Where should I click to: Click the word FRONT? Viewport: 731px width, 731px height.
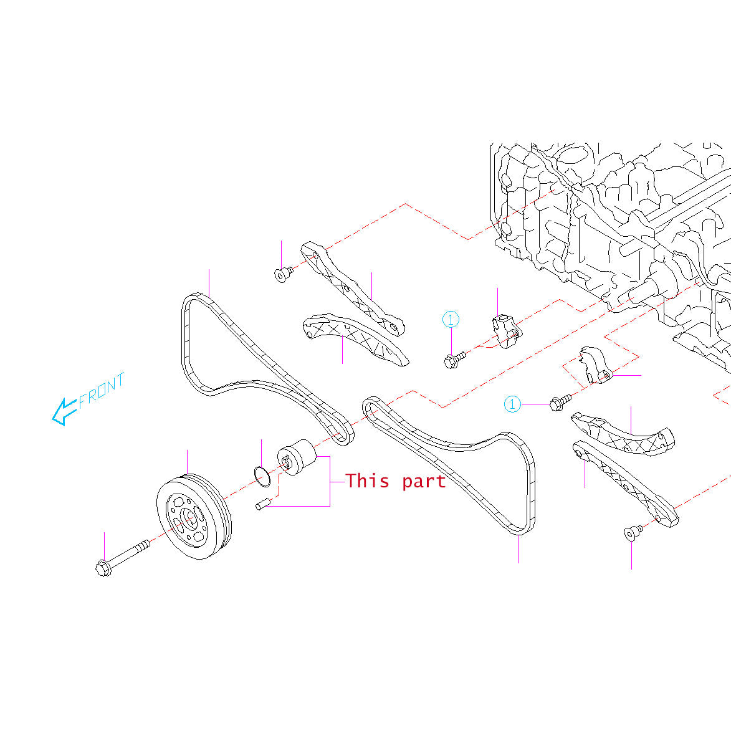(102, 389)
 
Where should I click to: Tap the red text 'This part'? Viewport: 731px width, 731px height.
(396, 481)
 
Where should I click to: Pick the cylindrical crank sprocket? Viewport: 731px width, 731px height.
(297, 457)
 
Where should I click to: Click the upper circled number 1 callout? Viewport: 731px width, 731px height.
(451, 320)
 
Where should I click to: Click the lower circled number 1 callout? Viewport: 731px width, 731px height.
(512, 404)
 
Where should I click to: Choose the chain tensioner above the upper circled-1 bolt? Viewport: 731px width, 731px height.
(506, 330)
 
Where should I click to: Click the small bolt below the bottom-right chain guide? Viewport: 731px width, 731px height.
(633, 532)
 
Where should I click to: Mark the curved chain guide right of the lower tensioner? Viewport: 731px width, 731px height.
(623, 436)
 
